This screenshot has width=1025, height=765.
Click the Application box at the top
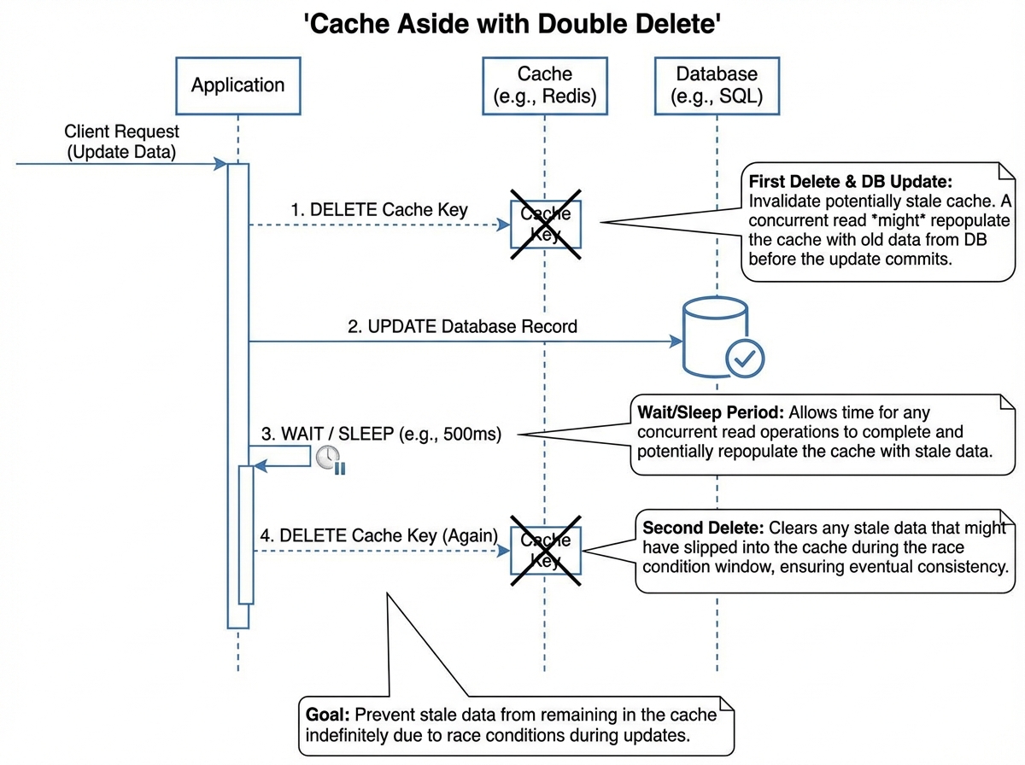point(237,85)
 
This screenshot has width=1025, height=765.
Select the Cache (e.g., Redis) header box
point(545,85)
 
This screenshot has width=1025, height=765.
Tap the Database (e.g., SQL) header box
point(717,85)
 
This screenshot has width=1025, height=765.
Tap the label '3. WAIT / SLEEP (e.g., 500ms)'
point(381,434)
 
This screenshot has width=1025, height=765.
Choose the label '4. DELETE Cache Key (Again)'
point(379,535)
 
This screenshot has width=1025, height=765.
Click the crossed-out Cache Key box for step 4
point(546,551)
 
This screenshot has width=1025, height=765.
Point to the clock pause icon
point(330,460)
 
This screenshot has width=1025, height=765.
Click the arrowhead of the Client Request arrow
point(220,164)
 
